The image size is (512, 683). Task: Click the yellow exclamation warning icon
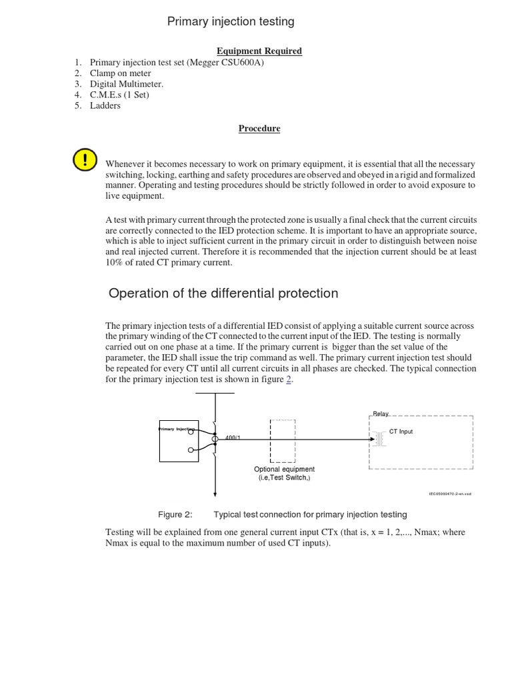[85, 160]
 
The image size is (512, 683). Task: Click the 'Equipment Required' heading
[259, 51]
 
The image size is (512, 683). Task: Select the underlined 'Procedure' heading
[259, 129]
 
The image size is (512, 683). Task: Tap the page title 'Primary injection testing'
[230, 22]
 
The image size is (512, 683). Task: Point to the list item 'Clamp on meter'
[120, 73]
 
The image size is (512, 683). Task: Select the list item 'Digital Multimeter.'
[126, 84]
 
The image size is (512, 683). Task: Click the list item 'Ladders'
[105, 105]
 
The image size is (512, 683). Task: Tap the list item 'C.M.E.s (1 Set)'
[119, 95]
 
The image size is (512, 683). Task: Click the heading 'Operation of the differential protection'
[223, 293]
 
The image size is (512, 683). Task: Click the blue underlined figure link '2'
[289, 380]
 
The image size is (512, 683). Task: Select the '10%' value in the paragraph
[117, 262]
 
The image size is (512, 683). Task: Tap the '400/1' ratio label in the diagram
[233, 438]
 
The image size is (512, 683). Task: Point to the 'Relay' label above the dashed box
[381, 414]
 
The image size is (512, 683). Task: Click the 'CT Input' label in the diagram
[401, 432]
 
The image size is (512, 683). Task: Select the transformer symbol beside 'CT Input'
[379, 438]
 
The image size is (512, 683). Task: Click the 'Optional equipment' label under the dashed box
[285, 470]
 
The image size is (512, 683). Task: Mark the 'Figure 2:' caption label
[175, 514]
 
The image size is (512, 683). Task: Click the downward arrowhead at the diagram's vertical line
[215, 494]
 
